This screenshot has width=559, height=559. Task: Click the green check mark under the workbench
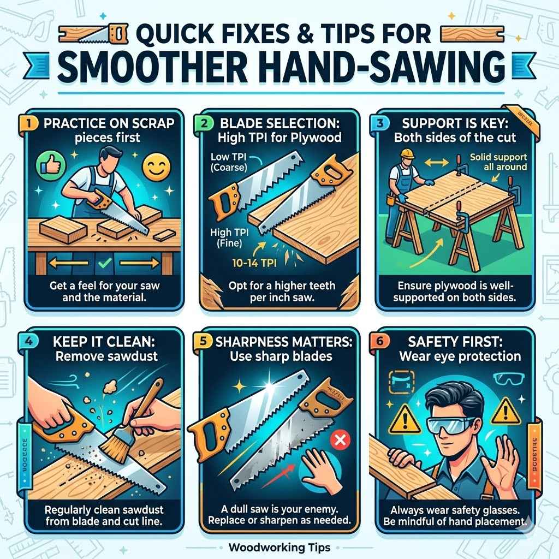pos(102,266)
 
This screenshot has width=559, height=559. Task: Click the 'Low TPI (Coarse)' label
pos(228,162)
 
